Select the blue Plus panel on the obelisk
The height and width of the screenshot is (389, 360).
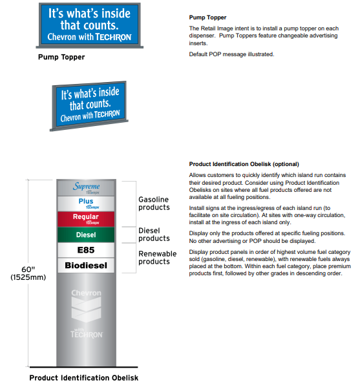[86, 203]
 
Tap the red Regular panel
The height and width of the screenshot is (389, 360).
[86, 218]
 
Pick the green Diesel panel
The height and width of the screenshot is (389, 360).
[86, 235]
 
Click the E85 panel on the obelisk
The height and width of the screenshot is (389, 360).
[86, 250]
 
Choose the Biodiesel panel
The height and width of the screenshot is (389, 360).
[86, 265]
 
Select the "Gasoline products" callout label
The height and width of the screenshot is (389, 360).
[154, 204]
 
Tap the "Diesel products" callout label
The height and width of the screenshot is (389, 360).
[154, 235]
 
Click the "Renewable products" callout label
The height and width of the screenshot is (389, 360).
[158, 257]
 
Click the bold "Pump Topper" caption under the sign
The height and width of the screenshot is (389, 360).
[61, 57]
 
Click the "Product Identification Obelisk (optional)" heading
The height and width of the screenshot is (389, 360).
[244, 164]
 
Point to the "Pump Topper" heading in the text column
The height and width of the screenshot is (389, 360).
[207, 17]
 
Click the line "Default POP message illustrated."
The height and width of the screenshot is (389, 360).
[231, 54]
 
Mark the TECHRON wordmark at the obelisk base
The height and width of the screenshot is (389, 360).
[86, 334]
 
